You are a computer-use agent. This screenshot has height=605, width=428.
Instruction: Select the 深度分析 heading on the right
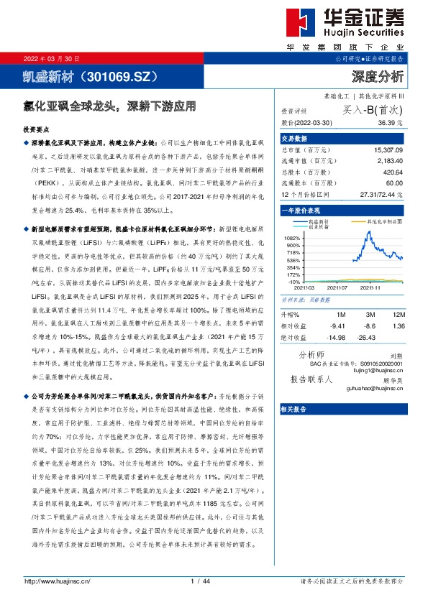click(x=377, y=75)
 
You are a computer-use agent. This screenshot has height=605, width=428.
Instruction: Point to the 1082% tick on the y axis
click(x=292, y=237)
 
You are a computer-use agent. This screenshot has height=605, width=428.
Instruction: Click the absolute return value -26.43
click(x=368, y=337)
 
